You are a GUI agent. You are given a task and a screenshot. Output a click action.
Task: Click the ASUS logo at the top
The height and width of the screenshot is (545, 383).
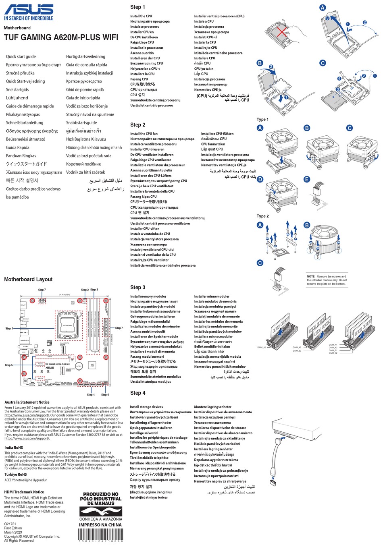point(29,10)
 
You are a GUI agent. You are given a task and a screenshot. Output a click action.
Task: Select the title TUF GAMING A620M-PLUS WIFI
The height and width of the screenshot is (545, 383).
point(61,37)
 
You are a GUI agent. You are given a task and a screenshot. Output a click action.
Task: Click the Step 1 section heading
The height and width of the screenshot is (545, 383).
point(137,7)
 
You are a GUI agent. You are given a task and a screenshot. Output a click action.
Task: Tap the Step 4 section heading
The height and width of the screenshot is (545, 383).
point(137,393)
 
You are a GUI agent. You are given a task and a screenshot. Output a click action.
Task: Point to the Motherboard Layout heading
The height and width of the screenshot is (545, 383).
point(28,279)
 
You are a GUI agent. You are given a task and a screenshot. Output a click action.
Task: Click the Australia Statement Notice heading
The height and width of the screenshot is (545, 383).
point(27,402)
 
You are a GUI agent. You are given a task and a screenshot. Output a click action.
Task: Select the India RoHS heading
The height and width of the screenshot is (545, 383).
point(14,448)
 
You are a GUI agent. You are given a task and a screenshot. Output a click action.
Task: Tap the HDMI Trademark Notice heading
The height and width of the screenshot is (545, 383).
point(24,492)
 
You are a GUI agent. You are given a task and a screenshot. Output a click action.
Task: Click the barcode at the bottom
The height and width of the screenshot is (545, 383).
point(100,535)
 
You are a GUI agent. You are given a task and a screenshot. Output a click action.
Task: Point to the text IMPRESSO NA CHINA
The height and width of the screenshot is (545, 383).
point(100,525)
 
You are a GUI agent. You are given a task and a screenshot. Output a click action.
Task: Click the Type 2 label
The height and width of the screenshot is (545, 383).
point(262,216)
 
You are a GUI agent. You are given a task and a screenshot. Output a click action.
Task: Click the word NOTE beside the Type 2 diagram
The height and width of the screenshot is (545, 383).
point(310,277)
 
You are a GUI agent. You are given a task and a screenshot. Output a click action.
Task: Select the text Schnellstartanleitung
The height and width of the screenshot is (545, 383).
point(25,123)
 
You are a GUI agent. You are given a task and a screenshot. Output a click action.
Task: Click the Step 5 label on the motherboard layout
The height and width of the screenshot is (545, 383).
point(8,365)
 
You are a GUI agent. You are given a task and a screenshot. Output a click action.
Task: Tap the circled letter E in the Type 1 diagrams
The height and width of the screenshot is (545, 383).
point(307,180)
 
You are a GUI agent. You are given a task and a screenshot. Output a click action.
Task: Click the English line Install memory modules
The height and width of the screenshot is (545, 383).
point(148,296)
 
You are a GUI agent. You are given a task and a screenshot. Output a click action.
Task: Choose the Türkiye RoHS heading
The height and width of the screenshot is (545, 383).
point(16,474)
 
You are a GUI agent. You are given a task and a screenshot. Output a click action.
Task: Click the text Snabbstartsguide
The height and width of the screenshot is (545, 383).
point(81,123)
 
